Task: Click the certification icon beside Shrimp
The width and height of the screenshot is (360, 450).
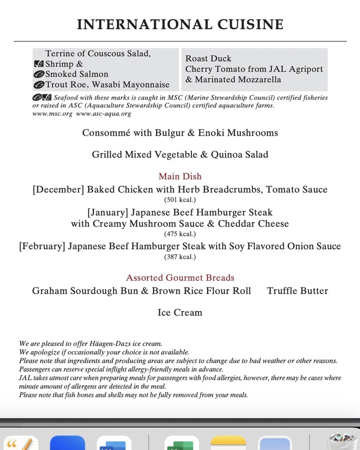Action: coord(39,64)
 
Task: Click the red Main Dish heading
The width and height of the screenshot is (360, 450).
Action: coord(179,177)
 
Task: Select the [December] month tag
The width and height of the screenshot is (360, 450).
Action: coord(58,190)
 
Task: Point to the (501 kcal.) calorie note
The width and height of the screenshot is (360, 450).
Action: coord(179,200)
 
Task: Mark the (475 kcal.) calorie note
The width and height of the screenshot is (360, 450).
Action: coord(179,234)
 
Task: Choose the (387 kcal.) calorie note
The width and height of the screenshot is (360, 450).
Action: coord(179,256)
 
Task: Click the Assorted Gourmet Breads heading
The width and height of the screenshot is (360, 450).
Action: coord(179,278)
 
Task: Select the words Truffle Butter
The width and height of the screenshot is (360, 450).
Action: coord(297,291)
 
